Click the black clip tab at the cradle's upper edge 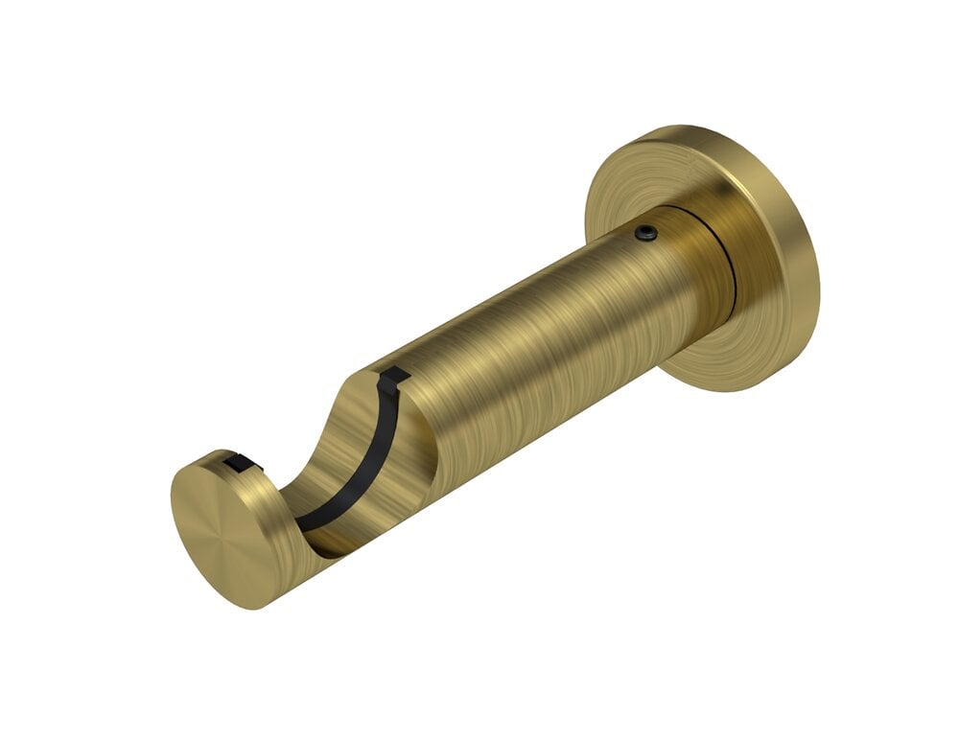point(393,380)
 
